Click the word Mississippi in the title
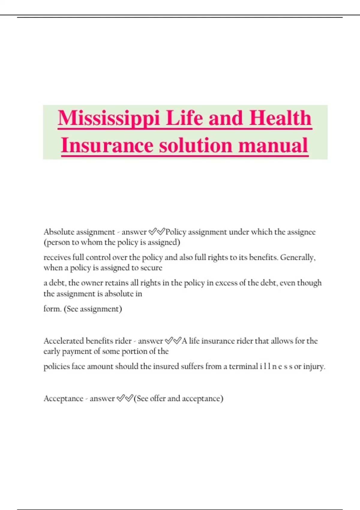coord(108,118)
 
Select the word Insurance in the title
coord(106,145)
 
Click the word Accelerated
coord(64,341)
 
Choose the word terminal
coord(243,366)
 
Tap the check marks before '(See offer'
coord(125,398)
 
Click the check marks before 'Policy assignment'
coord(157,232)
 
